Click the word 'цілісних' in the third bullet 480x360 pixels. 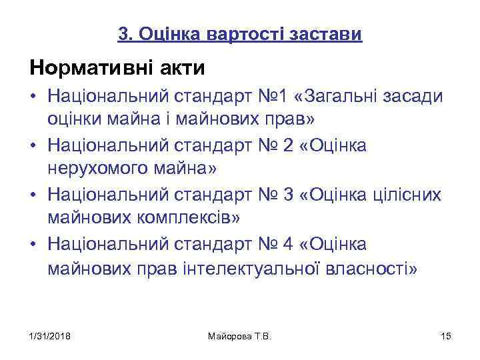(406, 195)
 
